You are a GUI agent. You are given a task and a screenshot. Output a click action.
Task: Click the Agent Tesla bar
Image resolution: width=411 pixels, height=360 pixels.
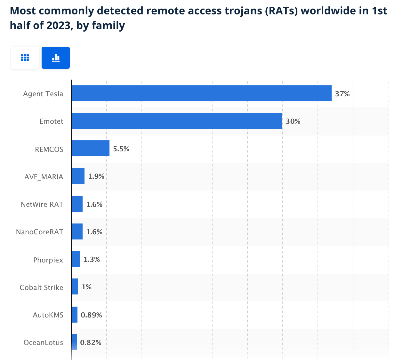(201, 93)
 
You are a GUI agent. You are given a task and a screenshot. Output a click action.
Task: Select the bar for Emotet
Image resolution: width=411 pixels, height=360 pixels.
(177, 121)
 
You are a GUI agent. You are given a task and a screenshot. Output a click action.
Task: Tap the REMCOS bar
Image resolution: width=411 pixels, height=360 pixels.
(90, 148)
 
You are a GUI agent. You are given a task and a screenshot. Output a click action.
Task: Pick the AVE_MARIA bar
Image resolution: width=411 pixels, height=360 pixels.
(78, 176)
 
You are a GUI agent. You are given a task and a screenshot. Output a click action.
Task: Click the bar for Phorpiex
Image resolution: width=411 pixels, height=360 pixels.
(76, 259)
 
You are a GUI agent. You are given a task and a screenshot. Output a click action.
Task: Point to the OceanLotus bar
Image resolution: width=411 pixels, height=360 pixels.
(74, 342)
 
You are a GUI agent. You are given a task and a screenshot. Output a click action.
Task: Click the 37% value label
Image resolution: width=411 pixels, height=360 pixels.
(342, 94)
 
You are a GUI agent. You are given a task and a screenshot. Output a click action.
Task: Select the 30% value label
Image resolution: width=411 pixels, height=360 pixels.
(293, 121)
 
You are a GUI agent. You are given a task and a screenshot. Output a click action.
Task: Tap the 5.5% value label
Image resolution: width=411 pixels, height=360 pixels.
(121, 149)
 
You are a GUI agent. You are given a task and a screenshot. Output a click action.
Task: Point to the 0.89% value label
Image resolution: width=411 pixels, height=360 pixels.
(91, 315)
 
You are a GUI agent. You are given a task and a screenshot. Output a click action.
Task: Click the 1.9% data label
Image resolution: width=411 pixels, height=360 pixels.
(96, 176)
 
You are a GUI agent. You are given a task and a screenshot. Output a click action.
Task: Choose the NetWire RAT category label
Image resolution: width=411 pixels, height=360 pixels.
(42, 204)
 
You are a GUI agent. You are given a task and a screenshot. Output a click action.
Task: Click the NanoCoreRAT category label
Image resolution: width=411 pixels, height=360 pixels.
(40, 232)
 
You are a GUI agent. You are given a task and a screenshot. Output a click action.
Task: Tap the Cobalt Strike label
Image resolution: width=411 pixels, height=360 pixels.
(41, 287)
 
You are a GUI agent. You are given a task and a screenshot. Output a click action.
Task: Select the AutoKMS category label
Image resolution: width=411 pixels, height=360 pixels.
(48, 315)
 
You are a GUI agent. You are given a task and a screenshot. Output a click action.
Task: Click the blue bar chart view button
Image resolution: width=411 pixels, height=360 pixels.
(56, 58)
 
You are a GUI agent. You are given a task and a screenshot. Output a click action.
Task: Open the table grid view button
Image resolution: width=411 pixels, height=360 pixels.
(25, 58)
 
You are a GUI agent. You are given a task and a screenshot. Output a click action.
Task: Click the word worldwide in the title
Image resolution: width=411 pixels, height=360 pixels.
(326, 11)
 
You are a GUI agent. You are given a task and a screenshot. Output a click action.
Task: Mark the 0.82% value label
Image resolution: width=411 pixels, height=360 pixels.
(91, 342)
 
